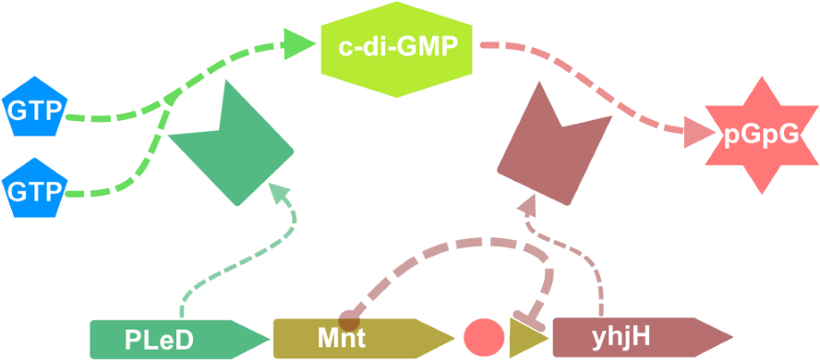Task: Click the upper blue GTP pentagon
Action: pos(32,111)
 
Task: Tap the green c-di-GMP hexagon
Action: pos(397,46)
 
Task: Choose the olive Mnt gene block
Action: pos(351,339)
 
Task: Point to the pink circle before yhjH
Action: pos(483,338)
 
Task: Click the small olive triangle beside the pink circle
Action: pos(526,339)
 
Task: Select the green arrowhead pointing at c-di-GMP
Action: pos(298,43)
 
